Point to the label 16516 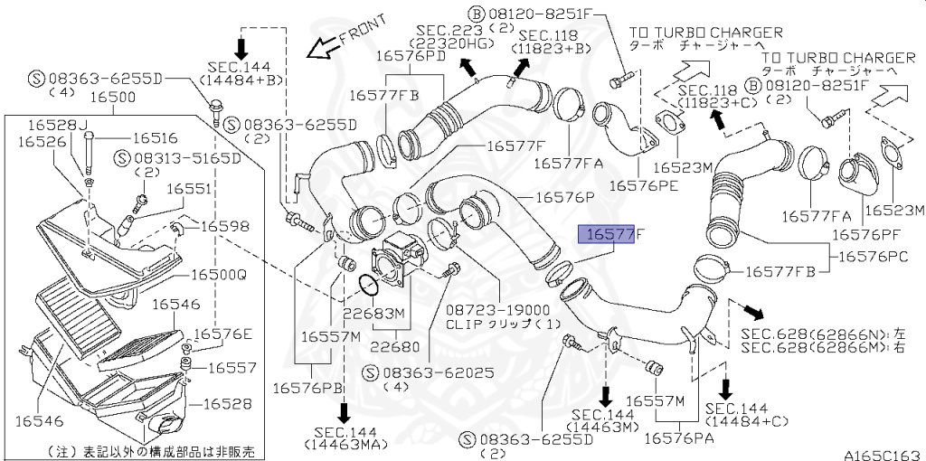pyautogui.click(x=155, y=138)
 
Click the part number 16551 pyautogui.click(x=189, y=189)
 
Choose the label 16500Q pyautogui.click(x=216, y=273)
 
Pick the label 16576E pyautogui.click(x=223, y=334)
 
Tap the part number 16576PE pyautogui.click(x=643, y=185)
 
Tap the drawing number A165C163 pyautogui.click(x=883, y=454)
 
